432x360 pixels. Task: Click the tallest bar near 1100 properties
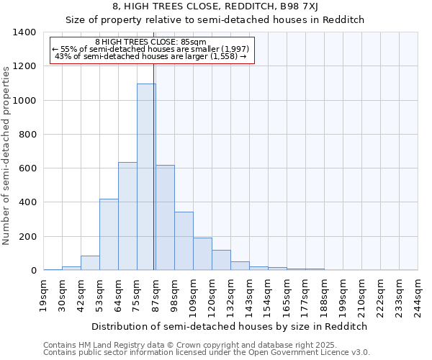pyautogui.click(x=146, y=177)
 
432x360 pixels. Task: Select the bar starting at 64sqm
pyautogui.click(x=127, y=216)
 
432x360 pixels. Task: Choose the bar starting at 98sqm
pyautogui.click(x=184, y=241)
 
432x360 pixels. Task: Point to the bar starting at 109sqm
pyautogui.click(x=202, y=254)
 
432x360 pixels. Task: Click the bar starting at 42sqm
pyautogui.click(x=90, y=263)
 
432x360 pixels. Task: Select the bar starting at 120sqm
pyautogui.click(x=221, y=260)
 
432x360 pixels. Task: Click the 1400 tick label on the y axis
pyautogui.click(x=24, y=32)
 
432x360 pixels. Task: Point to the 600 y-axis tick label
pyautogui.click(x=27, y=168)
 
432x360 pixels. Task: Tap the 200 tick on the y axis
pyautogui.click(x=27, y=236)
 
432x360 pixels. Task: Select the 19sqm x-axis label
pyautogui.click(x=44, y=295)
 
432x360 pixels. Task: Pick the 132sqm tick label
pyautogui.click(x=231, y=295)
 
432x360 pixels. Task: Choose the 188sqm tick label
pyautogui.click(x=325, y=295)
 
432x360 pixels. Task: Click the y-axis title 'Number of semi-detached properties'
pyautogui.click(x=7, y=155)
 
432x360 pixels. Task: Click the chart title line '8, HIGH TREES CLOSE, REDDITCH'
pyautogui.click(x=215, y=6)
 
